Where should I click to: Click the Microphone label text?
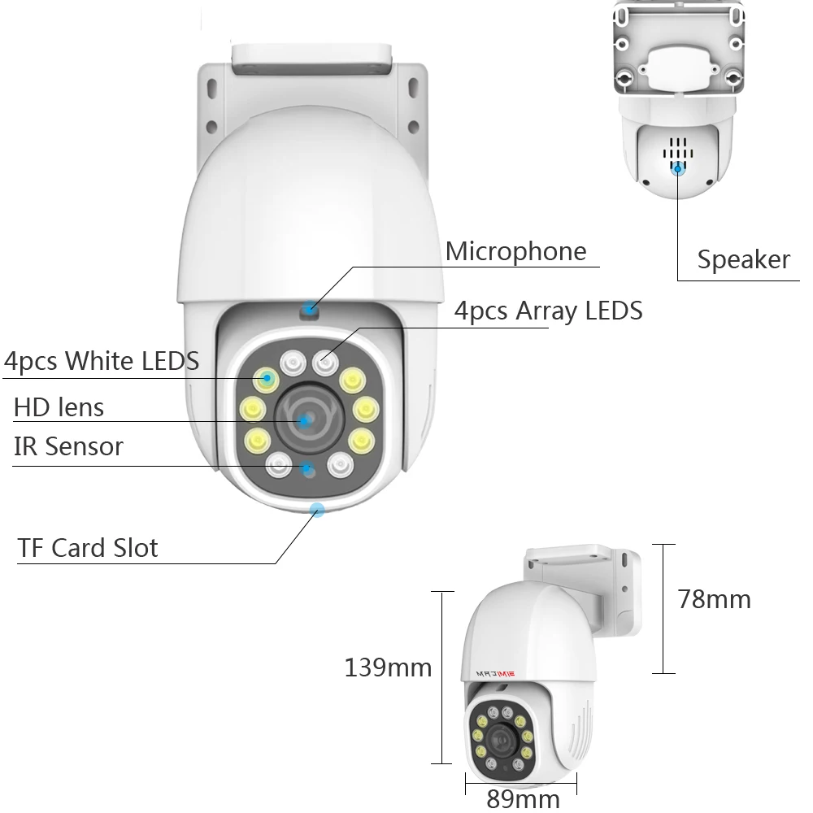pyautogui.click(x=515, y=251)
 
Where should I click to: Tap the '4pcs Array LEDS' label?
pyautogui.click(x=548, y=311)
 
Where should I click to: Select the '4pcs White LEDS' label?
pyautogui.click(x=101, y=360)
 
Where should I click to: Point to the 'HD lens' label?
pyautogui.click(x=59, y=406)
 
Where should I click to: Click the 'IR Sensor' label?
pyautogui.click(x=68, y=446)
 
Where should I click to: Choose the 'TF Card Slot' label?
pyautogui.click(x=88, y=547)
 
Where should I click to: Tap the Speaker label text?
pyautogui.click(x=743, y=259)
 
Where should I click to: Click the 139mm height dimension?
pyautogui.click(x=388, y=668)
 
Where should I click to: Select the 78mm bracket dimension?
pyautogui.click(x=714, y=599)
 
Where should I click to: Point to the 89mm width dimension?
pyautogui.click(x=523, y=798)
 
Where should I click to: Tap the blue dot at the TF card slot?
pyautogui.click(x=317, y=510)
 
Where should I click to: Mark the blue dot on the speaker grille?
pyautogui.click(x=677, y=168)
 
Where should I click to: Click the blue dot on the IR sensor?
pyautogui.click(x=307, y=468)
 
